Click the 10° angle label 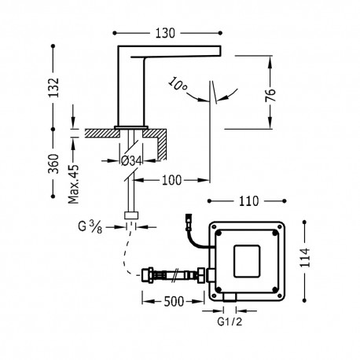click(178, 84)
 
